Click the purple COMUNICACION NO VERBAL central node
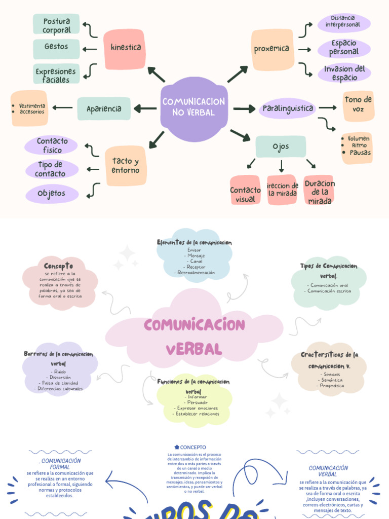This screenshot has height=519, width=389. [x=193, y=107]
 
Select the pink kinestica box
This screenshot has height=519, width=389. [x=125, y=48]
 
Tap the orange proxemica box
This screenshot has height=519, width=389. [x=273, y=49]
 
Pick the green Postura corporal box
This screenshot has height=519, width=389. [x=56, y=25]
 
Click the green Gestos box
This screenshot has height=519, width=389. [x=56, y=47]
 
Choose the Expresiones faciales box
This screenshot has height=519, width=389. [x=56, y=75]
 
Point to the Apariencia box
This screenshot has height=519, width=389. [x=104, y=109]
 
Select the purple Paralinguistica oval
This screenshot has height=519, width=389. [x=288, y=108]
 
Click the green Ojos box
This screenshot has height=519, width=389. [x=281, y=147]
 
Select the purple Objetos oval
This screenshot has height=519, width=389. [x=52, y=194]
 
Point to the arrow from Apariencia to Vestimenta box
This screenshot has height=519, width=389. [x=62, y=107]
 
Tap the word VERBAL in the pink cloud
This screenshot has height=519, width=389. [x=193, y=349]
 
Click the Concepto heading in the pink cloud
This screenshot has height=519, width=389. [x=58, y=266]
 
